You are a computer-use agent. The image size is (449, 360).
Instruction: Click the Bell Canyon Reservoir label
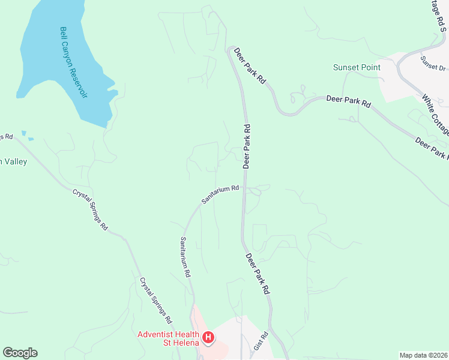pyautogui.click(x=73, y=64)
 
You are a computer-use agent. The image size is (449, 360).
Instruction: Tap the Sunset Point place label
pyautogui.click(x=357, y=67)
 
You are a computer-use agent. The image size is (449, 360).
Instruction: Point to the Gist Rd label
pyautogui.click(x=259, y=344)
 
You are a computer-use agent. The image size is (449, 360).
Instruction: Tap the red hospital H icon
pyautogui.click(x=208, y=338)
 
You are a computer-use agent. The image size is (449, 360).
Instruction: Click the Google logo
pyautogui.click(x=20, y=353)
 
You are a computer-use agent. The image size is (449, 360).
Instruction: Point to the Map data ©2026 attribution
pyautogui.click(x=423, y=355)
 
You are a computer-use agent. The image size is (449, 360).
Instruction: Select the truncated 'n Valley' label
pyautogui.click(x=13, y=161)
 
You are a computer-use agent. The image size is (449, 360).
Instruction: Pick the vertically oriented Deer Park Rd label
pyautogui.click(x=247, y=146)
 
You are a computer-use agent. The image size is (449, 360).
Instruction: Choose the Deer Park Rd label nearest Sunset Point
pyautogui.click(x=349, y=100)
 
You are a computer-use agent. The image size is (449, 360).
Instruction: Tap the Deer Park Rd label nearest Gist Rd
pyautogui.click(x=258, y=273)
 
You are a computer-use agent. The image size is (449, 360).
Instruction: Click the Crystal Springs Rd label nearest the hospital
pyautogui.click(x=156, y=300)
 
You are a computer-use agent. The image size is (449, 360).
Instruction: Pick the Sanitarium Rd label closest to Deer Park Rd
pyautogui.click(x=220, y=194)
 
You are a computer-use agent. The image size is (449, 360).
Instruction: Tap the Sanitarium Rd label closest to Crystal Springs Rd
pyautogui.click(x=185, y=257)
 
